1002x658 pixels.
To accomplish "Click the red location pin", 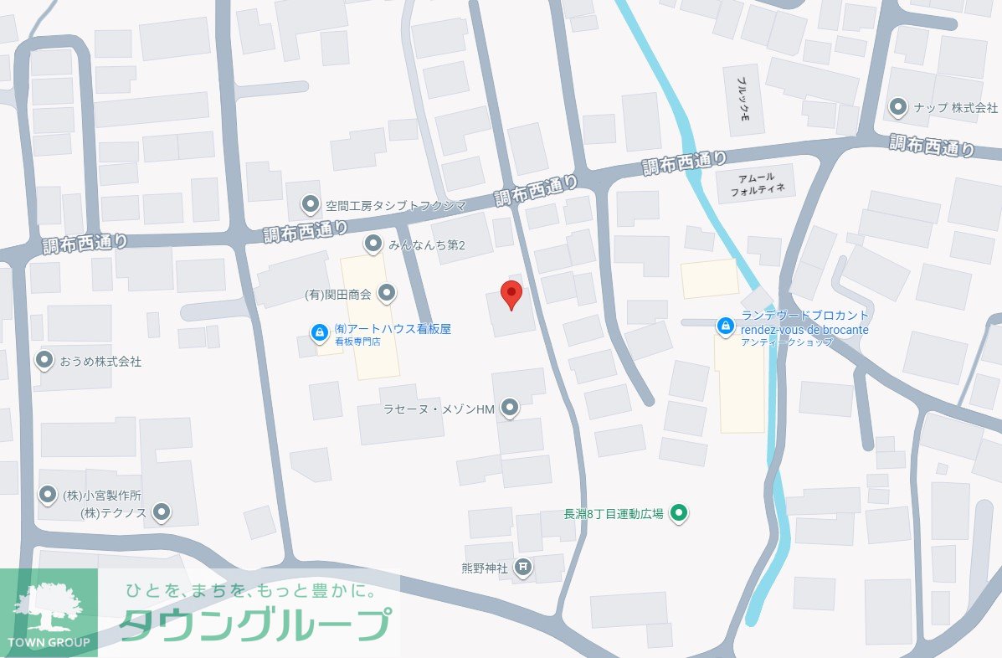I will [511, 294].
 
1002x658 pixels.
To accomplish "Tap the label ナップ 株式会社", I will [955, 108].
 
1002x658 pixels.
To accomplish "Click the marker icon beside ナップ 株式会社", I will [898, 107].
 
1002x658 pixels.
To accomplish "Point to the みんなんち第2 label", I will [426, 244].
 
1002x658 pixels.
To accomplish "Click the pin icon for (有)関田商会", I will [387, 293].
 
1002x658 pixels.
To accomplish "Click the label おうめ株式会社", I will [100, 362].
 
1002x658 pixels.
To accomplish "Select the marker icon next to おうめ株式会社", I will [44, 361].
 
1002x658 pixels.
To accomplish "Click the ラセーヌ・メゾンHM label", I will [439, 409].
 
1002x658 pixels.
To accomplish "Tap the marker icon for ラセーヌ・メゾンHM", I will [509, 409].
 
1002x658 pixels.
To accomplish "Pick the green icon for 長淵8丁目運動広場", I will [680, 513].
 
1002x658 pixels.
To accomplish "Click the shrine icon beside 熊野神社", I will [522, 568].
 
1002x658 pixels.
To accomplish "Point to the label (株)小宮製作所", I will [102, 495].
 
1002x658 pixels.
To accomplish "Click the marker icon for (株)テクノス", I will [162, 511].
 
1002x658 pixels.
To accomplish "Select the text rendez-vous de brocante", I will [804, 330].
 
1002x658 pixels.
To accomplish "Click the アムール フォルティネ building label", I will [757, 183].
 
